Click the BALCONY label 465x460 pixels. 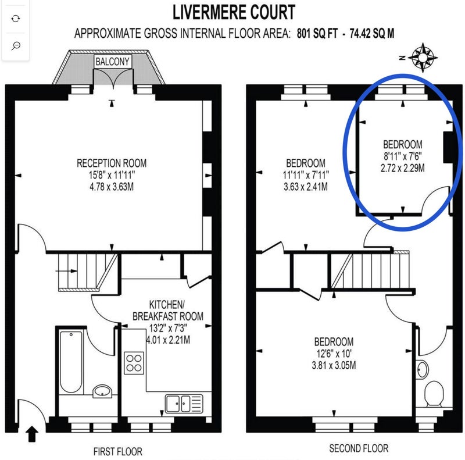[112, 62]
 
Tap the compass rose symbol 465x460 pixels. [423, 58]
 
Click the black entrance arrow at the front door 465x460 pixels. [32, 434]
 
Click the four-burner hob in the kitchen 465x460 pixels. [134, 363]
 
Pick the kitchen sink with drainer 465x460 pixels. [184, 404]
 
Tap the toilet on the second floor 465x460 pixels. [434, 394]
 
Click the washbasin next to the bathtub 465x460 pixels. [102, 391]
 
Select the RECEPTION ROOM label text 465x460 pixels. [112, 163]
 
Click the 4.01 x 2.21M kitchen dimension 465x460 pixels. [168, 340]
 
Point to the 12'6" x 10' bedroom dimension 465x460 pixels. [334, 353]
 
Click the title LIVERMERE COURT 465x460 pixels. [234, 12]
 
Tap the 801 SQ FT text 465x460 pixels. [317, 34]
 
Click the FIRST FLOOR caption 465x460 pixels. [118, 451]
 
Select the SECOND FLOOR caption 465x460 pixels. [359, 448]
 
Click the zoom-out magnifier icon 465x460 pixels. [16, 46]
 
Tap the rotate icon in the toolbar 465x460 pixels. [16, 19]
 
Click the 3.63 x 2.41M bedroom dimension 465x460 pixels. [306, 187]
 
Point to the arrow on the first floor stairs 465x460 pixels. [66, 270]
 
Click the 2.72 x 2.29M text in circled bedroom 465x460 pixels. [402, 168]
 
